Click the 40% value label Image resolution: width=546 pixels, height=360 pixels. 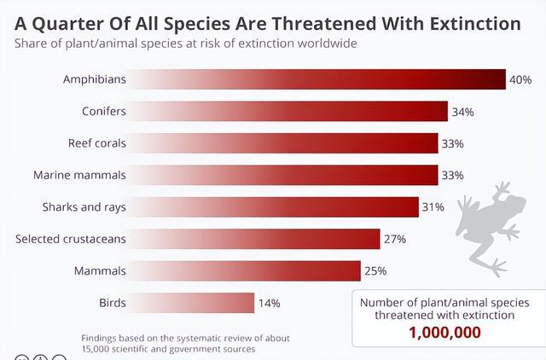[521, 79]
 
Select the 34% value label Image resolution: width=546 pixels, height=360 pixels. [463, 112]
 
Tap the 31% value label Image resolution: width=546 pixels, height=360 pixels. [434, 207]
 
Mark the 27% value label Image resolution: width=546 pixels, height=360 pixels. [395, 239]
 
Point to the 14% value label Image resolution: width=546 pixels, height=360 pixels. [270, 303]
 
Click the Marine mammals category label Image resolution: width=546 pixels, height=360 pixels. [79, 176]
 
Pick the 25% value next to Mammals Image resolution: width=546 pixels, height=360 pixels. [376, 271]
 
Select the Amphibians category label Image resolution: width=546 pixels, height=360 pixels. [94, 79]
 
